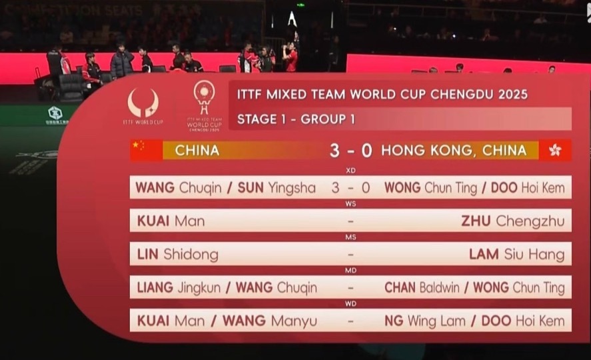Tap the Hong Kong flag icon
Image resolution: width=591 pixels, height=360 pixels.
pyautogui.click(x=555, y=150)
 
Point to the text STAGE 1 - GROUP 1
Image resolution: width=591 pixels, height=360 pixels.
pyautogui.click(x=296, y=119)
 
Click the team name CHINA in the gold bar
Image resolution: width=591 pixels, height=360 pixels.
pyautogui.click(x=197, y=150)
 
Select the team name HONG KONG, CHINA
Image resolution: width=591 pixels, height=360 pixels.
pyautogui.click(x=454, y=150)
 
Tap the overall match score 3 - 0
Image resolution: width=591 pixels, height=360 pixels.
pyautogui.click(x=350, y=150)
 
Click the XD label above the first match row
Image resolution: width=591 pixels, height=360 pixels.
pyautogui.click(x=350, y=171)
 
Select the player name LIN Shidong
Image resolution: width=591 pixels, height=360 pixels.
pyautogui.click(x=178, y=254)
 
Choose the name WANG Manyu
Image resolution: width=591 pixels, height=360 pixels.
pyautogui.click(x=270, y=321)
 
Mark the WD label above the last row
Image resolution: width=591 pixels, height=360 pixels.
pyautogui.click(x=350, y=304)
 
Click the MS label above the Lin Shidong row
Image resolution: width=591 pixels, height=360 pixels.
pyautogui.click(x=350, y=237)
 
